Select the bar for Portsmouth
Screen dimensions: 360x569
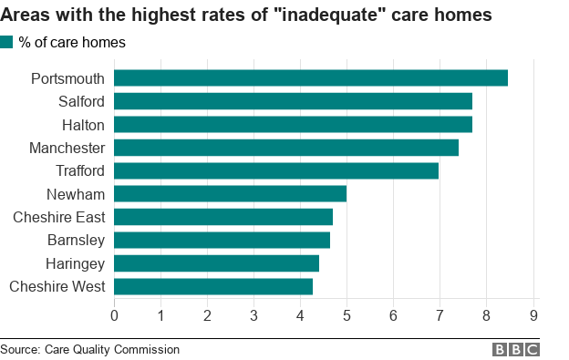310,78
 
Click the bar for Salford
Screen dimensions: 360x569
293,101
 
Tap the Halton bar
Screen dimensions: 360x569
293,125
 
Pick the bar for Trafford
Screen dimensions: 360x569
276,170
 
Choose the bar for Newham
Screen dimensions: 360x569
230,194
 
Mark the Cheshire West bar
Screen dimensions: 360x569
213,286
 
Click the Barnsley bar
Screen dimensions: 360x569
222,241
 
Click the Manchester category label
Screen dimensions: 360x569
67,148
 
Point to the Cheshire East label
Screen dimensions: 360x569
58,217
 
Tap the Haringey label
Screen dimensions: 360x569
76,263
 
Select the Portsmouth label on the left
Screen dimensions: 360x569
67,78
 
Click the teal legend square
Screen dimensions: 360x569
7,42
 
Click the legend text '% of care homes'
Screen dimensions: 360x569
72,42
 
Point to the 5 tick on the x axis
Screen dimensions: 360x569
347,316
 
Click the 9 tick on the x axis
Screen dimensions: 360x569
533,316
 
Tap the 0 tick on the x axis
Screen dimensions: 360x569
114,316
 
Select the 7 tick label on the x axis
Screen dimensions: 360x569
440,316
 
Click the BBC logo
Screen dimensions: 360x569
516,349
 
